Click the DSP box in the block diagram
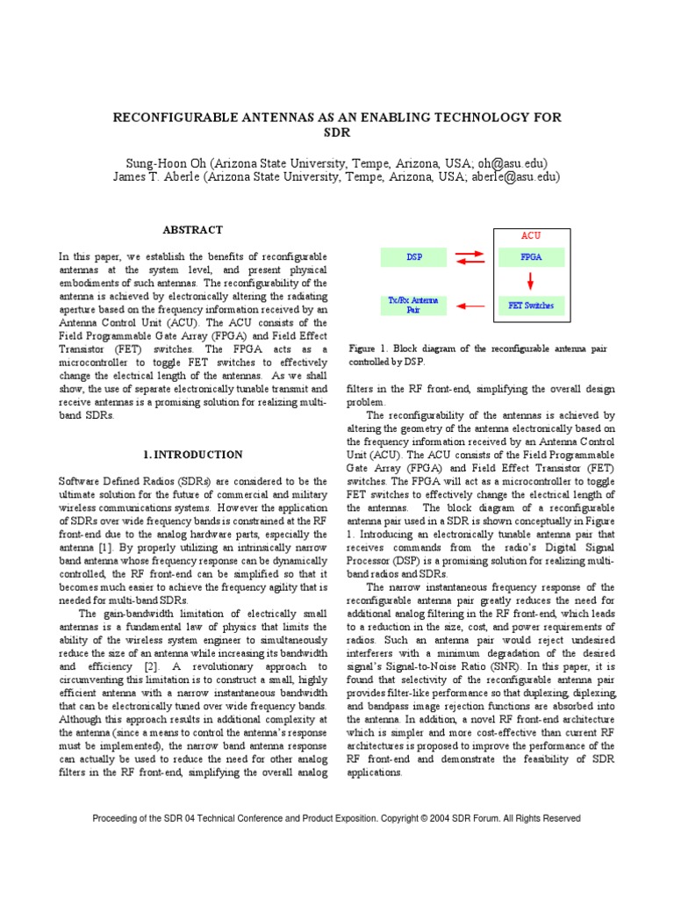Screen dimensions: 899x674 (x=414, y=257)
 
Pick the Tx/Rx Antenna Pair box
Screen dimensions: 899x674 (x=414, y=306)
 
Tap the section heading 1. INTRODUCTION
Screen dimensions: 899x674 (x=192, y=455)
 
